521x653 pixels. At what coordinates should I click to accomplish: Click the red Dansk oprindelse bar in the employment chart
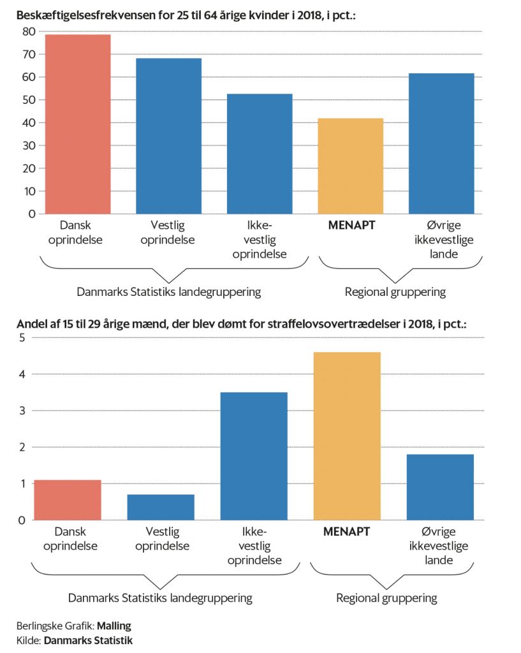tap(77, 124)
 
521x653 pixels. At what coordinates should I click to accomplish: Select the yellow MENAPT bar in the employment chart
tap(351, 166)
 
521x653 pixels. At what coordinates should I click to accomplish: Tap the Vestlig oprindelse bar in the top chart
tap(168, 136)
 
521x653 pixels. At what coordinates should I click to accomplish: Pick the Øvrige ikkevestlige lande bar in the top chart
tap(441, 143)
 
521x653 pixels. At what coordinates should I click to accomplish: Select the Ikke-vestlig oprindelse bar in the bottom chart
tap(253, 456)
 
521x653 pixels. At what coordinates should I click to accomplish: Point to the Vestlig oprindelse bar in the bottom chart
tap(161, 507)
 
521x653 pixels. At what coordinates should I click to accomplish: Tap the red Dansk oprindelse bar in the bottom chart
tap(68, 499)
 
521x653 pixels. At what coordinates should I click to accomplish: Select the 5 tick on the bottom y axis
tap(21, 338)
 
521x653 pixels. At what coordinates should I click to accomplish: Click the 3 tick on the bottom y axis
tap(21, 411)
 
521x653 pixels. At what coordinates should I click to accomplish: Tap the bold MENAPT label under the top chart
tap(351, 226)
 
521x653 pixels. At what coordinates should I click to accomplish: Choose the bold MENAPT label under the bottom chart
tap(346, 532)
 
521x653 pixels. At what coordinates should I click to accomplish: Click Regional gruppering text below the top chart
tap(395, 293)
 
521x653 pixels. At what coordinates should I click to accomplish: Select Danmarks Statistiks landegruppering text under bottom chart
tap(160, 598)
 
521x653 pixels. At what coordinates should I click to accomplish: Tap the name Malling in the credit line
tap(114, 626)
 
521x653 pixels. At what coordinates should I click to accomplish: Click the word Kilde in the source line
tap(28, 640)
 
